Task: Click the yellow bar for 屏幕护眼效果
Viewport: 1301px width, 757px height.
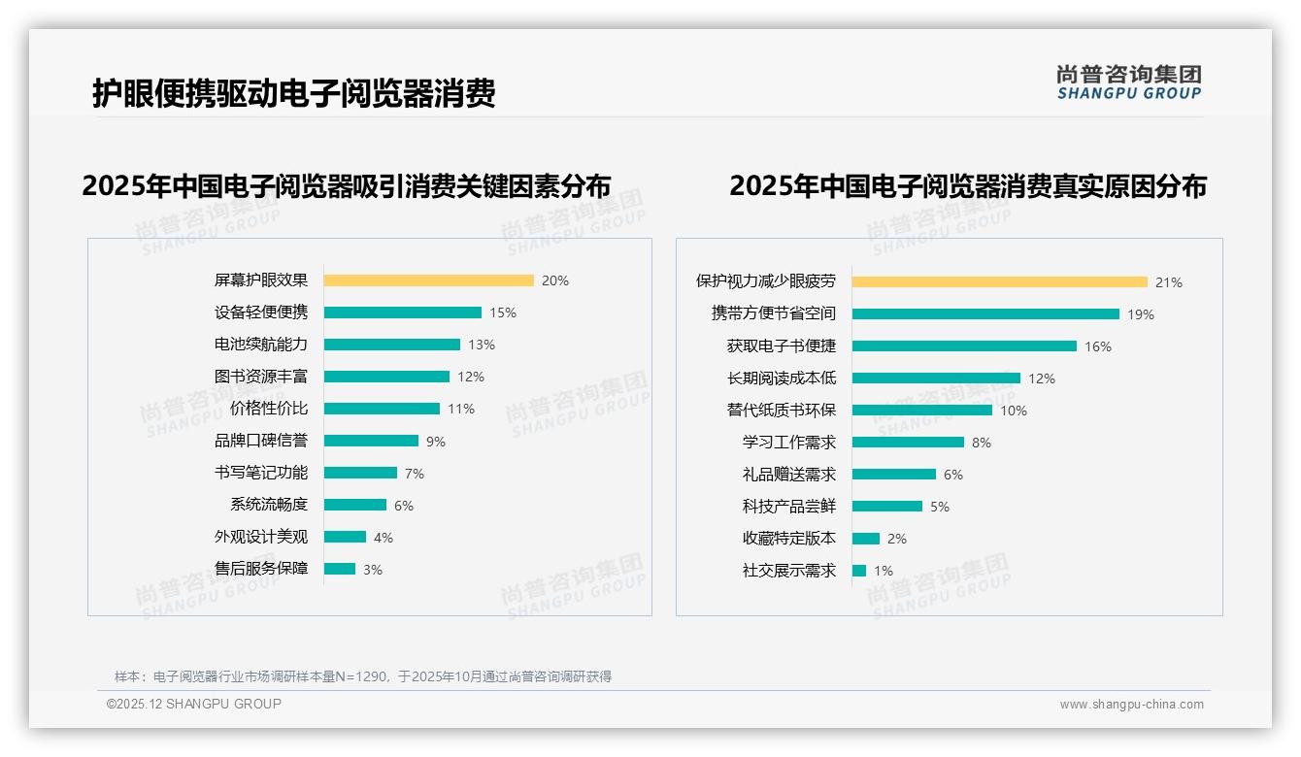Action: (x=428, y=280)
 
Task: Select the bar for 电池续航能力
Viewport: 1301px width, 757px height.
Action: (x=391, y=345)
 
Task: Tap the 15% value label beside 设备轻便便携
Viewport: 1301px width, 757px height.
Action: (x=502, y=313)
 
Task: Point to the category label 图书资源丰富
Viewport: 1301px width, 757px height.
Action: (x=260, y=377)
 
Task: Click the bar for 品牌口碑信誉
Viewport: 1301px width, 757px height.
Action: (x=371, y=441)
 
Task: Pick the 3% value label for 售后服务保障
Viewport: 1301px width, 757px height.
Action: (x=373, y=570)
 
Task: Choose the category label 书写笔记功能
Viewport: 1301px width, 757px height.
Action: (x=260, y=473)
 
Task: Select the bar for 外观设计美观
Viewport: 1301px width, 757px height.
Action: (x=345, y=537)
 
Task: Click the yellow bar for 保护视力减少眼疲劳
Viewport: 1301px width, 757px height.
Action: (x=999, y=282)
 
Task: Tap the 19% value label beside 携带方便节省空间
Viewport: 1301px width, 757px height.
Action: (x=1140, y=314)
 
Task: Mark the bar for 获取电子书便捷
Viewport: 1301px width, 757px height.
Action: (x=964, y=346)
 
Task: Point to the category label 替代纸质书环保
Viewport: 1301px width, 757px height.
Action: (x=781, y=411)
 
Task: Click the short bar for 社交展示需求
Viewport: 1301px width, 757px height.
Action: (x=858, y=571)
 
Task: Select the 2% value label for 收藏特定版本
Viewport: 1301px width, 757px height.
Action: (x=896, y=539)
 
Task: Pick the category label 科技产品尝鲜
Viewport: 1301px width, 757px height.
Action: (x=788, y=507)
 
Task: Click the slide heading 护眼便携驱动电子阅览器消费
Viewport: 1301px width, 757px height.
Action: (x=293, y=93)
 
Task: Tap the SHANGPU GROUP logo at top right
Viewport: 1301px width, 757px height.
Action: (x=1128, y=82)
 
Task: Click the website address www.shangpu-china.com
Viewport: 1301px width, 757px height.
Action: (x=1131, y=705)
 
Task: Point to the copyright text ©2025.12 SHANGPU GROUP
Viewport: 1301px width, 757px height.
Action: (x=194, y=704)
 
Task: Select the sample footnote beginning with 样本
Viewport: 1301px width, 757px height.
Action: (x=363, y=676)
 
